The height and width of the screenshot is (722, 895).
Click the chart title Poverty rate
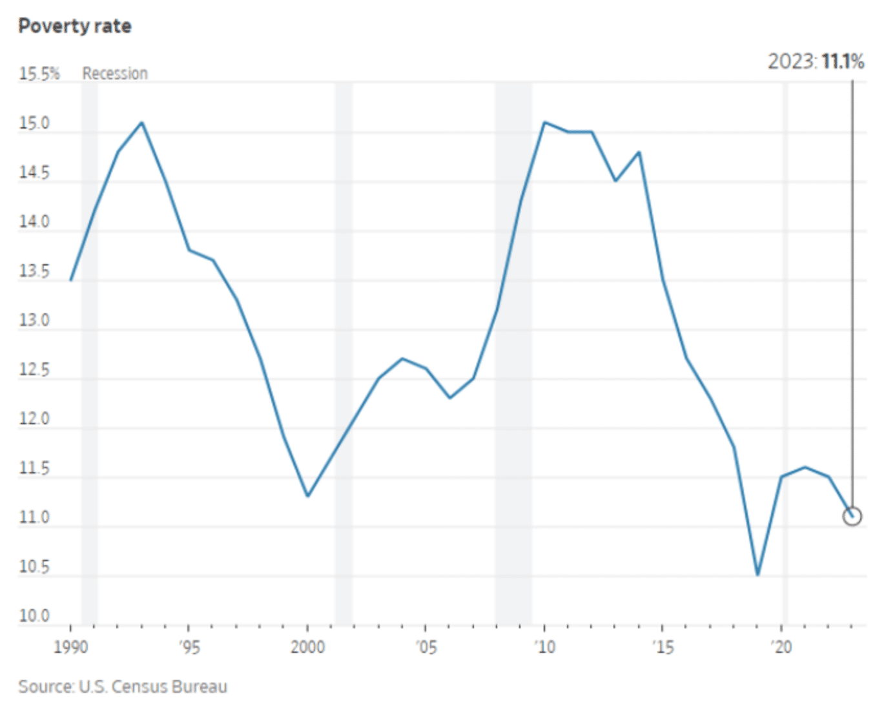[75, 26]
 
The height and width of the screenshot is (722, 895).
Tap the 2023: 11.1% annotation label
[816, 62]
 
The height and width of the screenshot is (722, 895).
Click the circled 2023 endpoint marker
[852, 516]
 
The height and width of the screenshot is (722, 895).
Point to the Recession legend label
[115, 74]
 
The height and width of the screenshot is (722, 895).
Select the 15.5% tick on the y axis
[39, 74]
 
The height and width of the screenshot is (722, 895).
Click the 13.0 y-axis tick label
[34, 320]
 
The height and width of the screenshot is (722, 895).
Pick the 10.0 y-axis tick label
[34, 616]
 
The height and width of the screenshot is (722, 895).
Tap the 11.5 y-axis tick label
[34, 468]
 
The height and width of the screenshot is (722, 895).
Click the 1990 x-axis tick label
[70, 646]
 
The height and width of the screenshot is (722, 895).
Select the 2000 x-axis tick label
[307, 646]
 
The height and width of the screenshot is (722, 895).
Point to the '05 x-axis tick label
[426, 646]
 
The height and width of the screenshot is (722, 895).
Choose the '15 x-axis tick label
[663, 646]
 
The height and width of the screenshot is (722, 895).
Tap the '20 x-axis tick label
[781, 646]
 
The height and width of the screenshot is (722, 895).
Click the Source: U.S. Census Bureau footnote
[123, 686]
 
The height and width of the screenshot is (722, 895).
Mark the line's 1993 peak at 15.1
[142, 123]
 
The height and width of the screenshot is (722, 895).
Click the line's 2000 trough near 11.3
[307, 496]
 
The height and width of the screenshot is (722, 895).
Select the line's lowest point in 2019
[757, 575]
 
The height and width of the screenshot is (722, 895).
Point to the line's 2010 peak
[544, 122]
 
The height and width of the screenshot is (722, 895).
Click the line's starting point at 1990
[71, 280]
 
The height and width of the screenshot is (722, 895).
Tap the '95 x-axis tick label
[189, 646]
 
